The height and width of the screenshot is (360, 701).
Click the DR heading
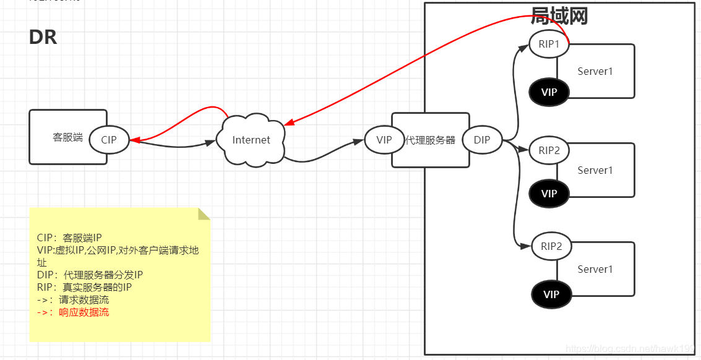click(43, 37)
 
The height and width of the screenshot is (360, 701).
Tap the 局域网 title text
click(559, 15)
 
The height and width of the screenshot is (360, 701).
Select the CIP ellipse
click(109, 140)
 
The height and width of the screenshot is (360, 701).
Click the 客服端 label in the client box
click(67, 137)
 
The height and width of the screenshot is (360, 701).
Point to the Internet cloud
click(251, 140)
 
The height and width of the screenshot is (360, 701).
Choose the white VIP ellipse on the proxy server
click(384, 140)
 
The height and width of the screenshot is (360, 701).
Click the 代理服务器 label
click(430, 140)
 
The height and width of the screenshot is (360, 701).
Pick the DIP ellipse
click(482, 140)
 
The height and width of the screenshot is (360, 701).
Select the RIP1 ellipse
click(549, 45)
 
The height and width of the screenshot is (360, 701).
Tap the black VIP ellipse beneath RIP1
click(549, 92)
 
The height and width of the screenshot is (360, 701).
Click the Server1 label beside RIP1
click(595, 71)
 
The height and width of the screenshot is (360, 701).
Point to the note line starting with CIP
click(69, 238)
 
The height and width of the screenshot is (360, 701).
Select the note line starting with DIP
click(90, 275)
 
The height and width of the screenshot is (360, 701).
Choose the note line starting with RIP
click(84, 287)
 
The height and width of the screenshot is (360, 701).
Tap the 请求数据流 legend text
click(84, 300)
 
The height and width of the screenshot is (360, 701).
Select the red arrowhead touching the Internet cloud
click(288, 121)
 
